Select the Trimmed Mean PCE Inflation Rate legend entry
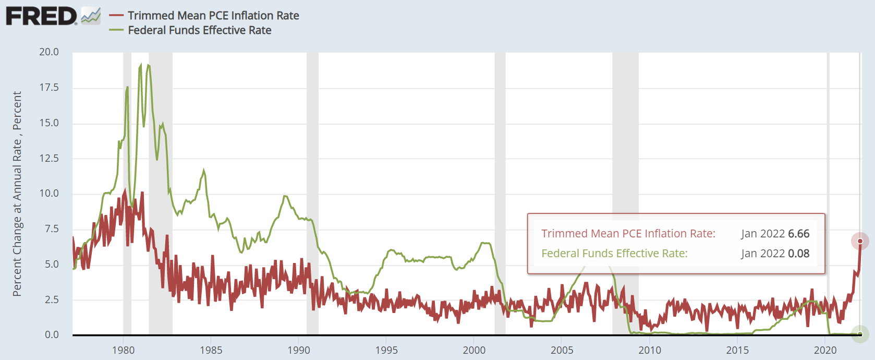[x=213, y=16]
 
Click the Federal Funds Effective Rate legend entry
[x=199, y=30]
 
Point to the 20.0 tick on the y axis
[x=49, y=52]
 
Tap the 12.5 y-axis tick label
[x=49, y=158]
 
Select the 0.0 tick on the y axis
[x=52, y=334]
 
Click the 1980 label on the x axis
[x=124, y=350]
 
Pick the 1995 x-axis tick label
[x=386, y=350]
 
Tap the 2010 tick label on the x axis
[x=650, y=350]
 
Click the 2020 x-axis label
[x=825, y=350]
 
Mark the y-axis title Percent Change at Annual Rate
[x=17, y=194]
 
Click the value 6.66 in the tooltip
[x=798, y=234]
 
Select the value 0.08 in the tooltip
[x=798, y=254]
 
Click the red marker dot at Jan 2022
[x=860, y=241]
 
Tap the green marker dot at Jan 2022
[x=860, y=334]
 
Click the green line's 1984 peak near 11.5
[x=204, y=171]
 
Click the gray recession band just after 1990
[x=312, y=193]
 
